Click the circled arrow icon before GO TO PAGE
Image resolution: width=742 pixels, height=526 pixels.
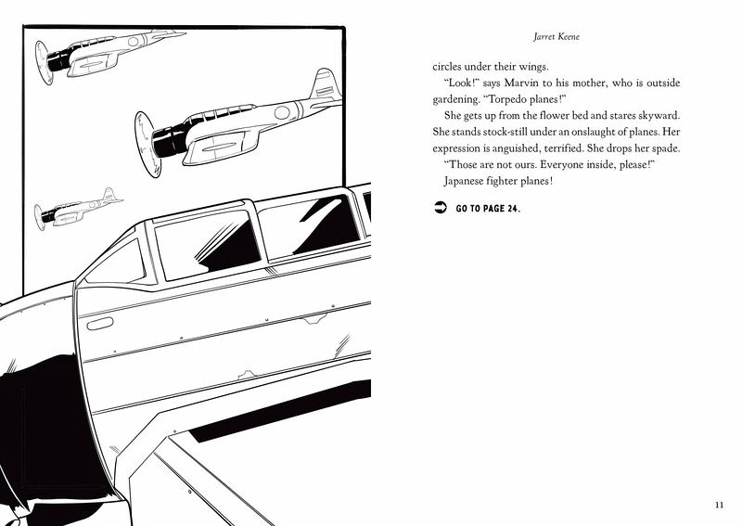click(x=440, y=208)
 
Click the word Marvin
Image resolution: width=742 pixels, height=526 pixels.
click(x=535, y=83)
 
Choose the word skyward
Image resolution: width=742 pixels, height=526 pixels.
click(x=683, y=115)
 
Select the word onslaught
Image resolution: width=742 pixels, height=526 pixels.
click(x=610, y=132)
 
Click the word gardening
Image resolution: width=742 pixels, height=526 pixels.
click(x=454, y=99)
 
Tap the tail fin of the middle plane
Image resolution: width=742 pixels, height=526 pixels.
click(x=325, y=85)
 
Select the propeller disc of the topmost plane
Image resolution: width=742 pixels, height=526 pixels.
click(x=41, y=63)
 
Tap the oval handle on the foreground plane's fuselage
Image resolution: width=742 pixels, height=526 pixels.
click(x=99, y=323)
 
